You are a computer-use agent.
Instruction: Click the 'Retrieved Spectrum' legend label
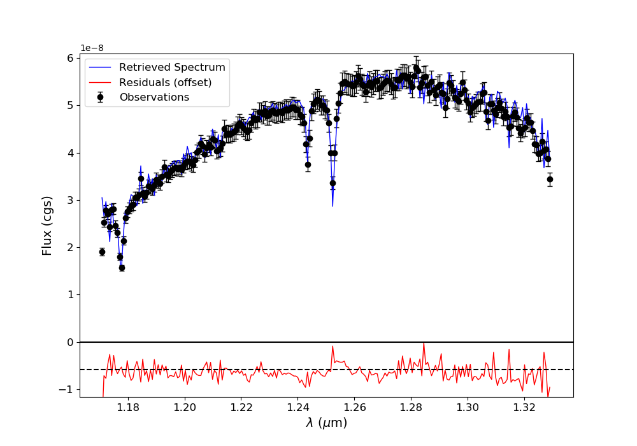tap(172, 68)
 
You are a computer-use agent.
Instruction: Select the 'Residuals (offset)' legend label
tap(165, 82)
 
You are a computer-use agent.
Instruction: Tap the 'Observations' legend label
tap(154, 97)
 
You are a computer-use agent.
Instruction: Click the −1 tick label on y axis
tap(66, 389)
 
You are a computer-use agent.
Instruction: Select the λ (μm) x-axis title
tap(326, 423)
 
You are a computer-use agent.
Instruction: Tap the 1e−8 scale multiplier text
tap(92, 48)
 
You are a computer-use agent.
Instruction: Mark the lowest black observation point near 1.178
tap(122, 268)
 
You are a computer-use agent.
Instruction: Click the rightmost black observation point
tap(550, 179)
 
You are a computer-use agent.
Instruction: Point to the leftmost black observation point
tap(102, 252)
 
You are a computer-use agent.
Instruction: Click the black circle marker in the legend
tap(100, 97)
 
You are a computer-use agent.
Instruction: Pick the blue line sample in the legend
tap(100, 68)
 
